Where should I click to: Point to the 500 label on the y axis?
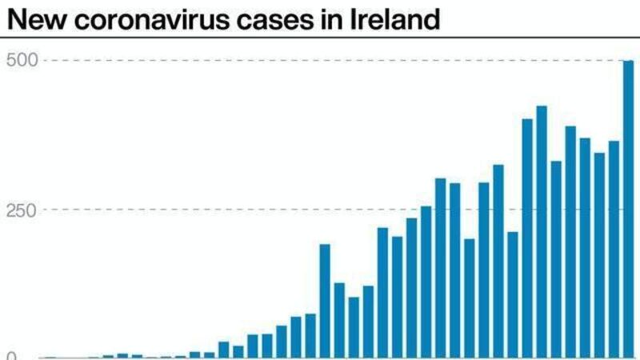19,61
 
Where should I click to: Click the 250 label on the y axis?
19,210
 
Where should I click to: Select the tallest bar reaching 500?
628,208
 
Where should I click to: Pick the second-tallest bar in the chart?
542,232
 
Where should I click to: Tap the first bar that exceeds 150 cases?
325,301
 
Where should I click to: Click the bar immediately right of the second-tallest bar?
556,259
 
